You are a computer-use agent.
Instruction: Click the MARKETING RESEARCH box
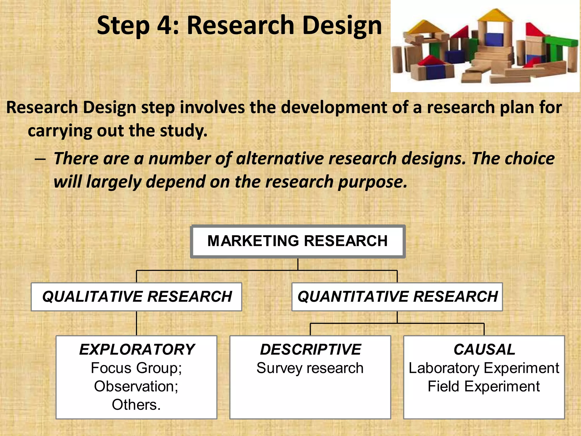pos(298,241)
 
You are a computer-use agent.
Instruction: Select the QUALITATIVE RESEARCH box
pos(136,297)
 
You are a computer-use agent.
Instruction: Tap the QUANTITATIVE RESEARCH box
pos(397,297)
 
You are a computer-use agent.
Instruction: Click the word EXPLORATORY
pos(137,349)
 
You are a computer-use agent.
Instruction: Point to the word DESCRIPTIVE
pos(310,349)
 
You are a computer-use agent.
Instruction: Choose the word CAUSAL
pos(484,349)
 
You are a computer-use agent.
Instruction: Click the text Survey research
pos(310,368)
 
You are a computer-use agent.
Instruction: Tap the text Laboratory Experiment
pos(484,368)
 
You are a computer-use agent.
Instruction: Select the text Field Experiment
pos(484,387)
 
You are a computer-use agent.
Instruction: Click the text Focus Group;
pos(136,368)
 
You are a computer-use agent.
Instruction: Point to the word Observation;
pos(136,387)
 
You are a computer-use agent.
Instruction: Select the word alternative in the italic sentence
pos(279,158)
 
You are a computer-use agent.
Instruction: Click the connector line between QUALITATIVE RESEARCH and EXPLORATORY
pos(136,323)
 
